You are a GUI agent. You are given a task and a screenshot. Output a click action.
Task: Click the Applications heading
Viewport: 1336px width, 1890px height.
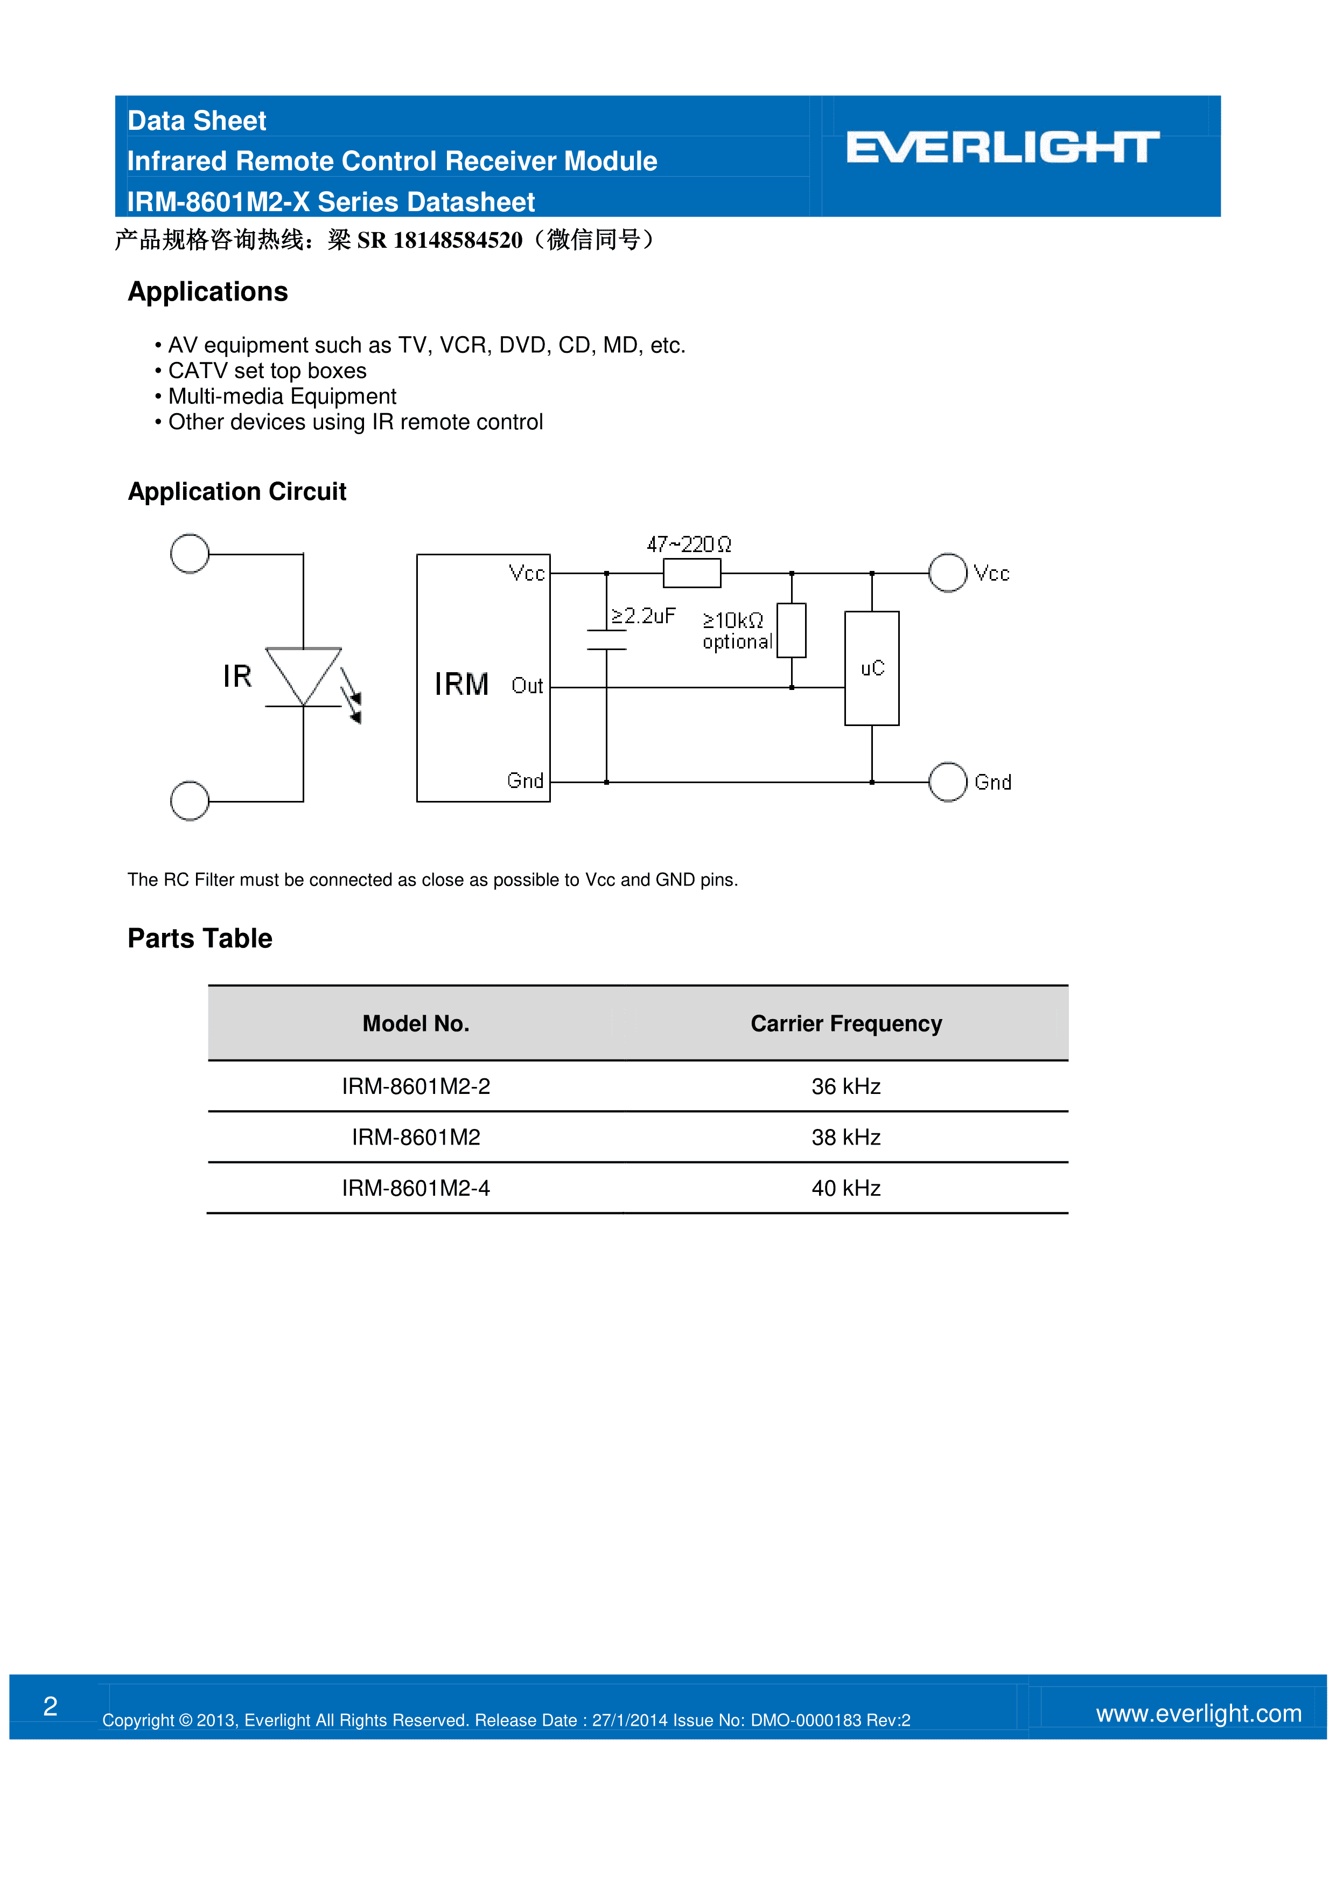207,292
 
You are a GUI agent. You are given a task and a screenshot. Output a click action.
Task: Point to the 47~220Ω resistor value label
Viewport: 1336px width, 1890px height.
688,544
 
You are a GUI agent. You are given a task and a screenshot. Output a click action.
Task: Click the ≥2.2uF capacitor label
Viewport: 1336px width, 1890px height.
643,616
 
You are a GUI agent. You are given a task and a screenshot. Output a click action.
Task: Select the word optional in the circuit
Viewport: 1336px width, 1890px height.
737,642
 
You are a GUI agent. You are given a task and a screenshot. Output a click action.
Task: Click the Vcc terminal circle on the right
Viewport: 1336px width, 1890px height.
947,573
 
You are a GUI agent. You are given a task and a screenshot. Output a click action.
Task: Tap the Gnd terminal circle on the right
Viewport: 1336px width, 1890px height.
947,782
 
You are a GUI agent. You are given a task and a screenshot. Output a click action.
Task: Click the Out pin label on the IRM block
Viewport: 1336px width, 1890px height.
527,686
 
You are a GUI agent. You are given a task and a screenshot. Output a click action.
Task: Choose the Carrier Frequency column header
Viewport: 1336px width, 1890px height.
845,1023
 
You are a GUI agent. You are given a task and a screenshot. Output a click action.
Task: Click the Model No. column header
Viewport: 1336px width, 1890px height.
416,1023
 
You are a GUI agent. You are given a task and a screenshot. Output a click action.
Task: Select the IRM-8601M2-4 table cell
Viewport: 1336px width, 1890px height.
416,1188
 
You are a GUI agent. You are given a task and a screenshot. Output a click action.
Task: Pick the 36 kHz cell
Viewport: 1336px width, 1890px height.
845,1086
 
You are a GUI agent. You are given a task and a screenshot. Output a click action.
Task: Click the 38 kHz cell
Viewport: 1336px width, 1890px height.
845,1137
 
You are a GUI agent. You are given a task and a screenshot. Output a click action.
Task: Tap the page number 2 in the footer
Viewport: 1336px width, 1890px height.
50,1706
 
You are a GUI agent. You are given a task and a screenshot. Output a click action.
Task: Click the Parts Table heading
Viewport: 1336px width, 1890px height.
199,938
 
